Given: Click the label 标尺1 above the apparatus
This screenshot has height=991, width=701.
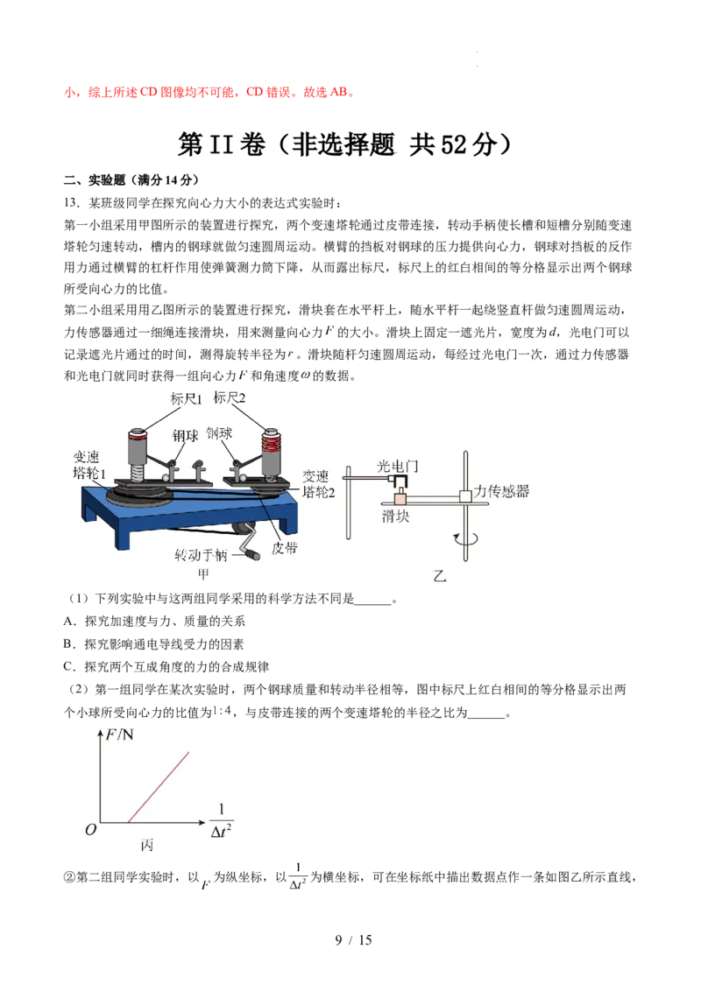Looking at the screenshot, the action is pos(186,399).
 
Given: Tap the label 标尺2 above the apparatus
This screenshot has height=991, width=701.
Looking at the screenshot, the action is pos(229,397).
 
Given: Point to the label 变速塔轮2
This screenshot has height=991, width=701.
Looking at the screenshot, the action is pos(318,483).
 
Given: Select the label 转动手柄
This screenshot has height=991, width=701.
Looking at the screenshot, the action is pos(201,555).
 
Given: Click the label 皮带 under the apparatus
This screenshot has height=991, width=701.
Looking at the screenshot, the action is pos(284,548).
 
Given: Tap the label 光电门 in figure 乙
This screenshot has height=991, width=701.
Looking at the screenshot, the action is pos(397,467).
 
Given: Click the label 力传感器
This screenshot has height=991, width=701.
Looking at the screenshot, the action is pos(501,491).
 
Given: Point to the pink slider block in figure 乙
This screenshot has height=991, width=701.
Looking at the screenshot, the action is pos(400,498).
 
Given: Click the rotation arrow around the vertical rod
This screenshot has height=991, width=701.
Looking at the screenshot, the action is pos(465,539).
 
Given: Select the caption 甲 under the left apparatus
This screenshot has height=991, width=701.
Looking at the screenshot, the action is pos(203,574).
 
